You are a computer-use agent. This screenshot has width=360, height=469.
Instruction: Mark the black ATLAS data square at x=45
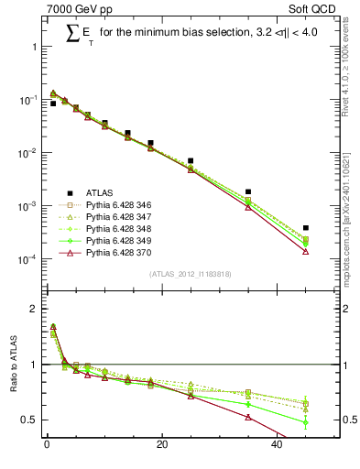(306, 228)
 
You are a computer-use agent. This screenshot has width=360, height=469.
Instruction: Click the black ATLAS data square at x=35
(248, 192)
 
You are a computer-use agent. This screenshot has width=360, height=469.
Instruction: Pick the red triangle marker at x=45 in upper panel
(306, 251)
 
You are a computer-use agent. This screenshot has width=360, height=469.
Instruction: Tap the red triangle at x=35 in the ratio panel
(248, 418)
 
